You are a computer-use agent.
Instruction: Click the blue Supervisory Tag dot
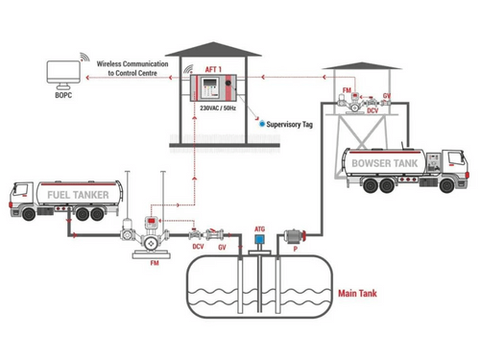[258, 124]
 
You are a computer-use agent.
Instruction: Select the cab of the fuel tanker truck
[20, 203]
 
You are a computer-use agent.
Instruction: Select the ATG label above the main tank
[257, 227]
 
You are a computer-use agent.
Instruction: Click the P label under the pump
[296, 248]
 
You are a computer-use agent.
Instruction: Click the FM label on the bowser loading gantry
[347, 90]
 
